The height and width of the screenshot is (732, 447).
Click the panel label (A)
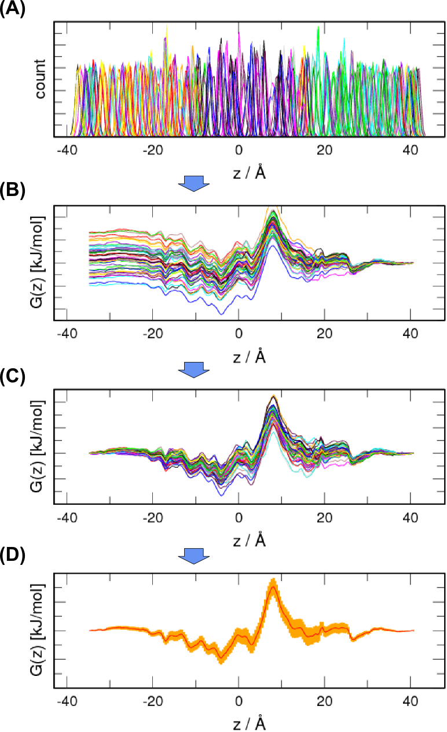12,10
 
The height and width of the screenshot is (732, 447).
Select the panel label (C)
12,376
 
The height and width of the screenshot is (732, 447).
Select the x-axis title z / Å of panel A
250,172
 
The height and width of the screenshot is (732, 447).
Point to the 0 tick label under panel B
239,334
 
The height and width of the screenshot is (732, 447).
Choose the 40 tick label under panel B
411,334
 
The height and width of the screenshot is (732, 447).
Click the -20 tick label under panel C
153,519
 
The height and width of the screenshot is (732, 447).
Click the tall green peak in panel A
318,29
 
